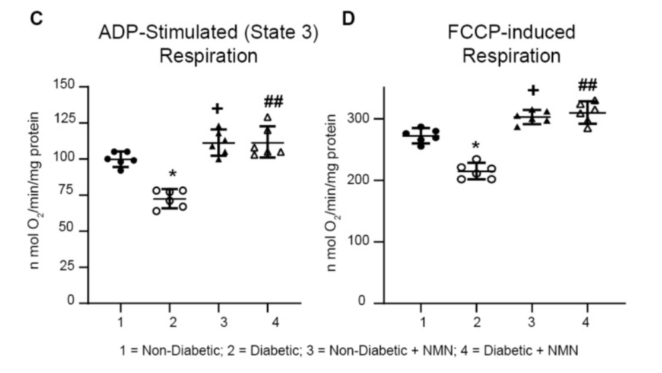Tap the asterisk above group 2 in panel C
[x=172, y=174]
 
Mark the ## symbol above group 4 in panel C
[x=274, y=102]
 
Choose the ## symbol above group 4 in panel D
[x=587, y=84]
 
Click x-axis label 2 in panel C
[x=170, y=322]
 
